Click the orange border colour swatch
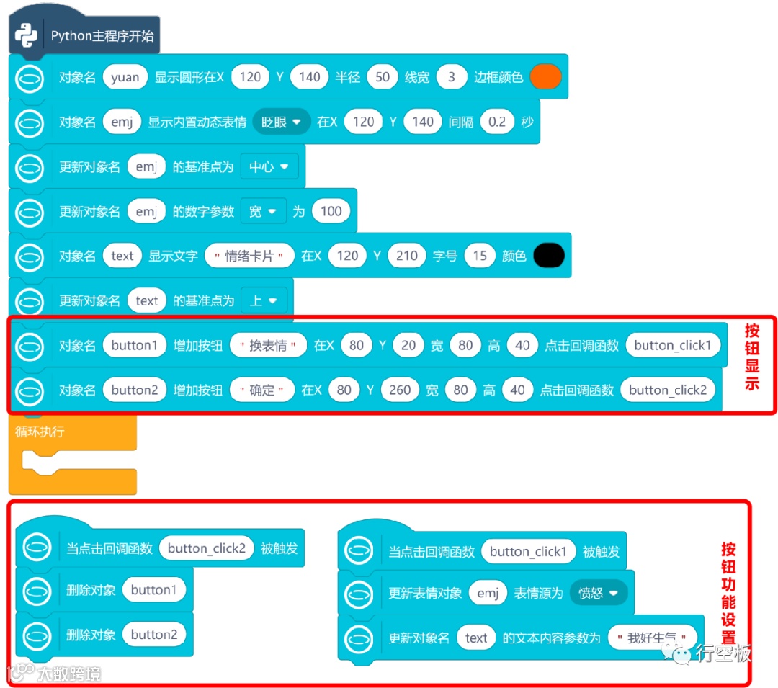click(545, 77)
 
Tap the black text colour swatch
click(548, 256)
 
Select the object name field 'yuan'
click(125, 77)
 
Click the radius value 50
click(383, 77)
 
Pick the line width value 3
click(452, 77)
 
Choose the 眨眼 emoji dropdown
click(281, 122)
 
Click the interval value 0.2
click(497, 122)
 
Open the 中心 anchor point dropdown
click(268, 166)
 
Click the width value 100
click(331, 211)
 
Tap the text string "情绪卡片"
click(249, 256)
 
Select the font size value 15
click(480, 256)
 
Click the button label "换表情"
click(268, 345)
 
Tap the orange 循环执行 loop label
click(40, 432)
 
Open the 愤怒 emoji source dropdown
click(599, 593)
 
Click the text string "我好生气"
click(653, 638)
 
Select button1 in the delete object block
click(154, 590)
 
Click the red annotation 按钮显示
click(752, 357)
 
